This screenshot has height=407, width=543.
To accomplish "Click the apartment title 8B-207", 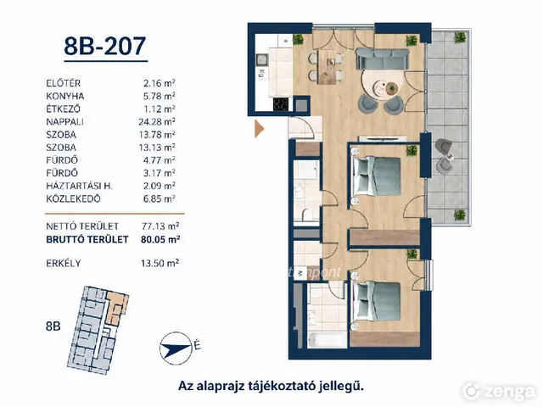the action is click(105, 46).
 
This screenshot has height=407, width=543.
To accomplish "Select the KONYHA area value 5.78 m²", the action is click(160, 96).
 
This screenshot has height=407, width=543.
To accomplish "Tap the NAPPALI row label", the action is click(64, 122).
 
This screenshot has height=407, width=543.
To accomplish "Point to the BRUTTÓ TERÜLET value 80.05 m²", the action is click(160, 239).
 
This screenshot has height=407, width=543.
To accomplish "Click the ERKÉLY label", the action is click(64, 264).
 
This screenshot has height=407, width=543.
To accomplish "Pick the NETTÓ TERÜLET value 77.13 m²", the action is click(160, 226).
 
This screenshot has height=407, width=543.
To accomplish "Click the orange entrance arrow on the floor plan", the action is click(259, 129).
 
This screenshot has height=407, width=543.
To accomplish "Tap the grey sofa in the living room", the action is click(383, 59).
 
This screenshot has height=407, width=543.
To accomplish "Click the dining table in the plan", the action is click(327, 67).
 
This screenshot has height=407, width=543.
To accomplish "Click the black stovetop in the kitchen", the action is click(281, 104).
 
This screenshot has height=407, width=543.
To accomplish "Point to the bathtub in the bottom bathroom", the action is click(327, 340).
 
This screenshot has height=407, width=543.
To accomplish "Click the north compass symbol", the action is click(176, 348).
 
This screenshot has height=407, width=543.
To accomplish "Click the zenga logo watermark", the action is click(499, 391).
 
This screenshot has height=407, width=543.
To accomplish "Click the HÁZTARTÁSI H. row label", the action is click(79, 186).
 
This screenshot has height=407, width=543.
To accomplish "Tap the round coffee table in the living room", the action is click(392, 87).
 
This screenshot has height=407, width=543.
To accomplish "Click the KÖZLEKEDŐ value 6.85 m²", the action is click(160, 198).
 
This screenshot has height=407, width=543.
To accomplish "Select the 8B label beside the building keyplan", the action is click(53, 326).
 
